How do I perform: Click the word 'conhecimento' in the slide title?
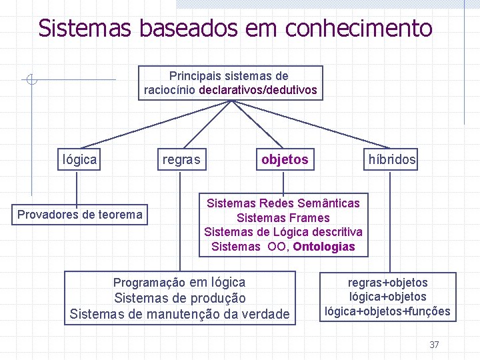[359, 28]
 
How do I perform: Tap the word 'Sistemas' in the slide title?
[85, 28]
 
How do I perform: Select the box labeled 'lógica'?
[79, 159]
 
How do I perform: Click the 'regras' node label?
[181, 159]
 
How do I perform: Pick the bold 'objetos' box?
[285, 159]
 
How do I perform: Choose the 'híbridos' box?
[392, 159]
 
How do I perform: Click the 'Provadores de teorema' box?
[79, 214]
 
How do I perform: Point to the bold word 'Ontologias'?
[324, 247]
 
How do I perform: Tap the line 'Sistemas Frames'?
[283, 217]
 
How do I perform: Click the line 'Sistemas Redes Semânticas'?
[283, 203]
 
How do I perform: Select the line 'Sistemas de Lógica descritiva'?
[283, 232]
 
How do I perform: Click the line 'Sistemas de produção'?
[180, 298]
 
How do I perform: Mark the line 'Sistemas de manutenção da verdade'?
[180, 313]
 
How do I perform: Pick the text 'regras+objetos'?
[388, 283]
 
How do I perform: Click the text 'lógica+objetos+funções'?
[388, 311]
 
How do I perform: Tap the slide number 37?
[434, 345]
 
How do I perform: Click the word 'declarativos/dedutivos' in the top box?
[258, 89]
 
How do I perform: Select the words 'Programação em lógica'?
[179, 282]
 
